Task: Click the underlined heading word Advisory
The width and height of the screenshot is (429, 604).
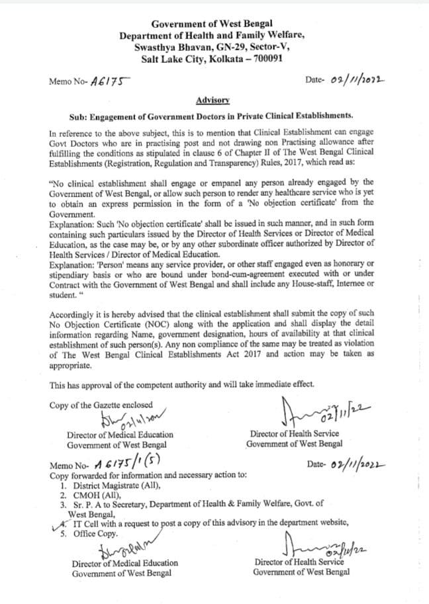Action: point(213,100)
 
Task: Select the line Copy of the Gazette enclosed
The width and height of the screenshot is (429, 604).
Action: point(101,404)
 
